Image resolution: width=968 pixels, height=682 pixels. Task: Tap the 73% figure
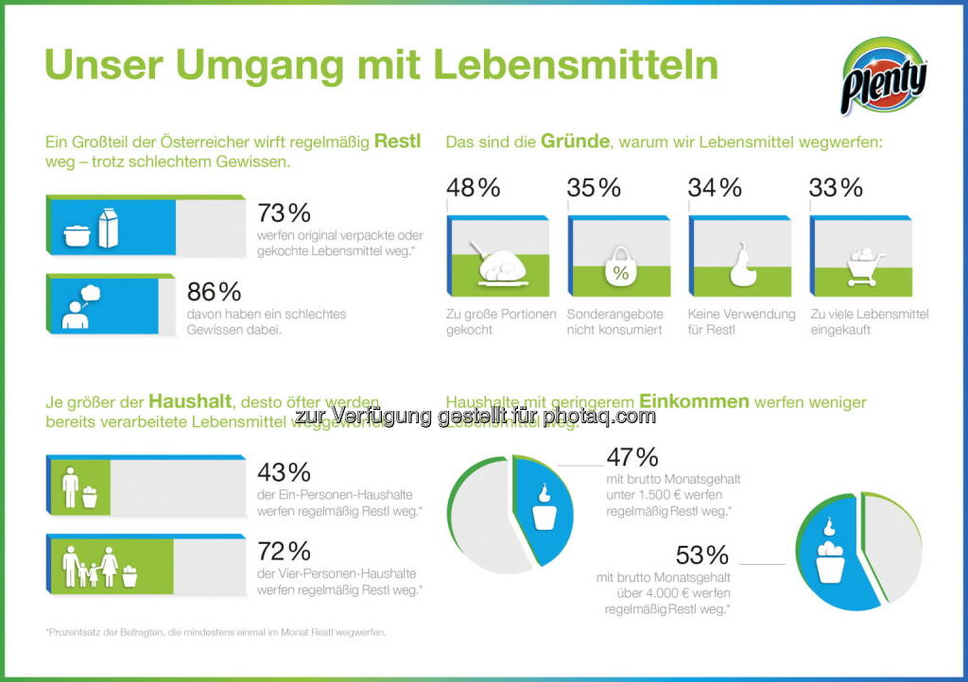point(284,212)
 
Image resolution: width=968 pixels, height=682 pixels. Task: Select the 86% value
point(284,291)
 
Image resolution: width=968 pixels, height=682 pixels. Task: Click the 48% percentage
point(473,187)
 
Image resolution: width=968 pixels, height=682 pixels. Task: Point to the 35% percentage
point(594,187)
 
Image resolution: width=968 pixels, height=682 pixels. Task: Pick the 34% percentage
point(715,187)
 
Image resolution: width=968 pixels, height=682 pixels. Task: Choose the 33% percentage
point(836,187)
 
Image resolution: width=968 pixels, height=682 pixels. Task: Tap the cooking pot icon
point(77,235)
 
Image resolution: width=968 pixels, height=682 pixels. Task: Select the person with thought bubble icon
point(78,306)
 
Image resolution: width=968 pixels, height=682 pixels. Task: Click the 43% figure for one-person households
point(284,470)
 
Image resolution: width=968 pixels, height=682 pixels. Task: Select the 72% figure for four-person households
point(284,550)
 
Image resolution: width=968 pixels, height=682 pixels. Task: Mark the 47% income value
point(631,457)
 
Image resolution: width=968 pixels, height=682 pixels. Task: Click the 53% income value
point(701,554)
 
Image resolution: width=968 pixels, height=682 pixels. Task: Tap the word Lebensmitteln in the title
point(575,65)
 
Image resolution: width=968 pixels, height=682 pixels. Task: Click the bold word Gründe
point(575,143)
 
